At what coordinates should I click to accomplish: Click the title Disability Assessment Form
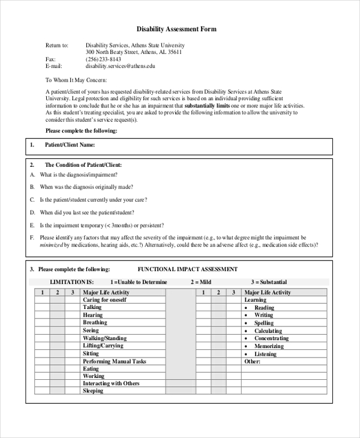tap(176, 29)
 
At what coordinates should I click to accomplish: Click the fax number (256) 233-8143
tap(103, 59)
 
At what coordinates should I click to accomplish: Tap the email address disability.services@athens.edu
tap(120, 67)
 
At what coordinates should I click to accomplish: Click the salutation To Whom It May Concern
tap(76, 80)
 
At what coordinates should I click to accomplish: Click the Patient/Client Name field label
tap(70, 145)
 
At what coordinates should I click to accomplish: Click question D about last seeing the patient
tap(86, 212)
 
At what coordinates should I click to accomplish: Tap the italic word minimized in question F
tap(52, 245)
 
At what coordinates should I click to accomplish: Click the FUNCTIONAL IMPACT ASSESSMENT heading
tap(188, 269)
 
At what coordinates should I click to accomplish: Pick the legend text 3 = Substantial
tap(269, 282)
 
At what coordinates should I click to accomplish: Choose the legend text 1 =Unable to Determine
tap(139, 282)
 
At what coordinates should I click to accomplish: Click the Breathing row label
tap(95, 323)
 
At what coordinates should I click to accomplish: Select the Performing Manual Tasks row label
tap(114, 362)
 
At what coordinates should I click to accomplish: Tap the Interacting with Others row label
tap(111, 383)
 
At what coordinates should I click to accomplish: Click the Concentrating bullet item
tap(271, 338)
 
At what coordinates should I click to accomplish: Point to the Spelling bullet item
tap(264, 323)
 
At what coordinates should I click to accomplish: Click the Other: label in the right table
tap(253, 362)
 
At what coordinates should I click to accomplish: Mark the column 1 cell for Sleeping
tap(41, 391)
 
